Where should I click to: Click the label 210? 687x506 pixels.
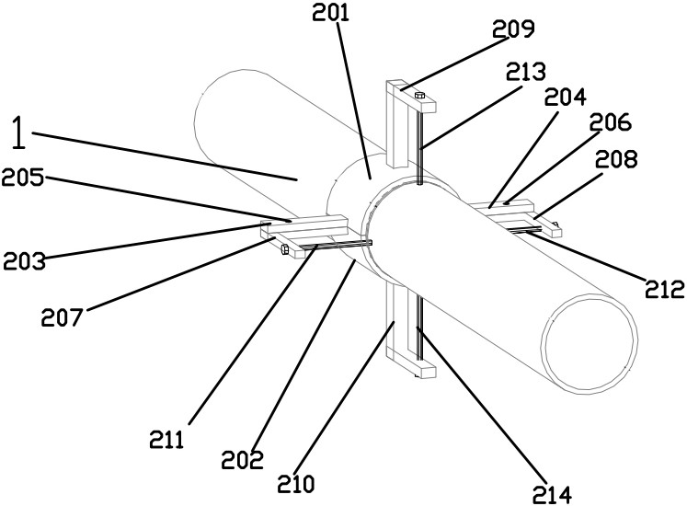(x=298, y=481)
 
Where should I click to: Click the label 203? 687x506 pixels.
(x=24, y=261)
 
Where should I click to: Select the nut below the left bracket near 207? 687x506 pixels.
(x=285, y=249)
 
